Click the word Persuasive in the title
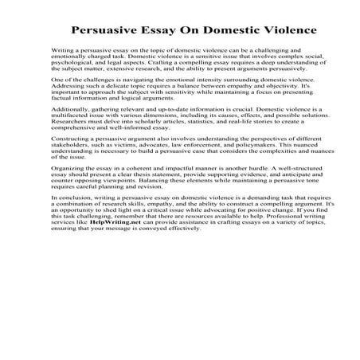click(x=110, y=31)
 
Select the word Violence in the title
click(x=282, y=31)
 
